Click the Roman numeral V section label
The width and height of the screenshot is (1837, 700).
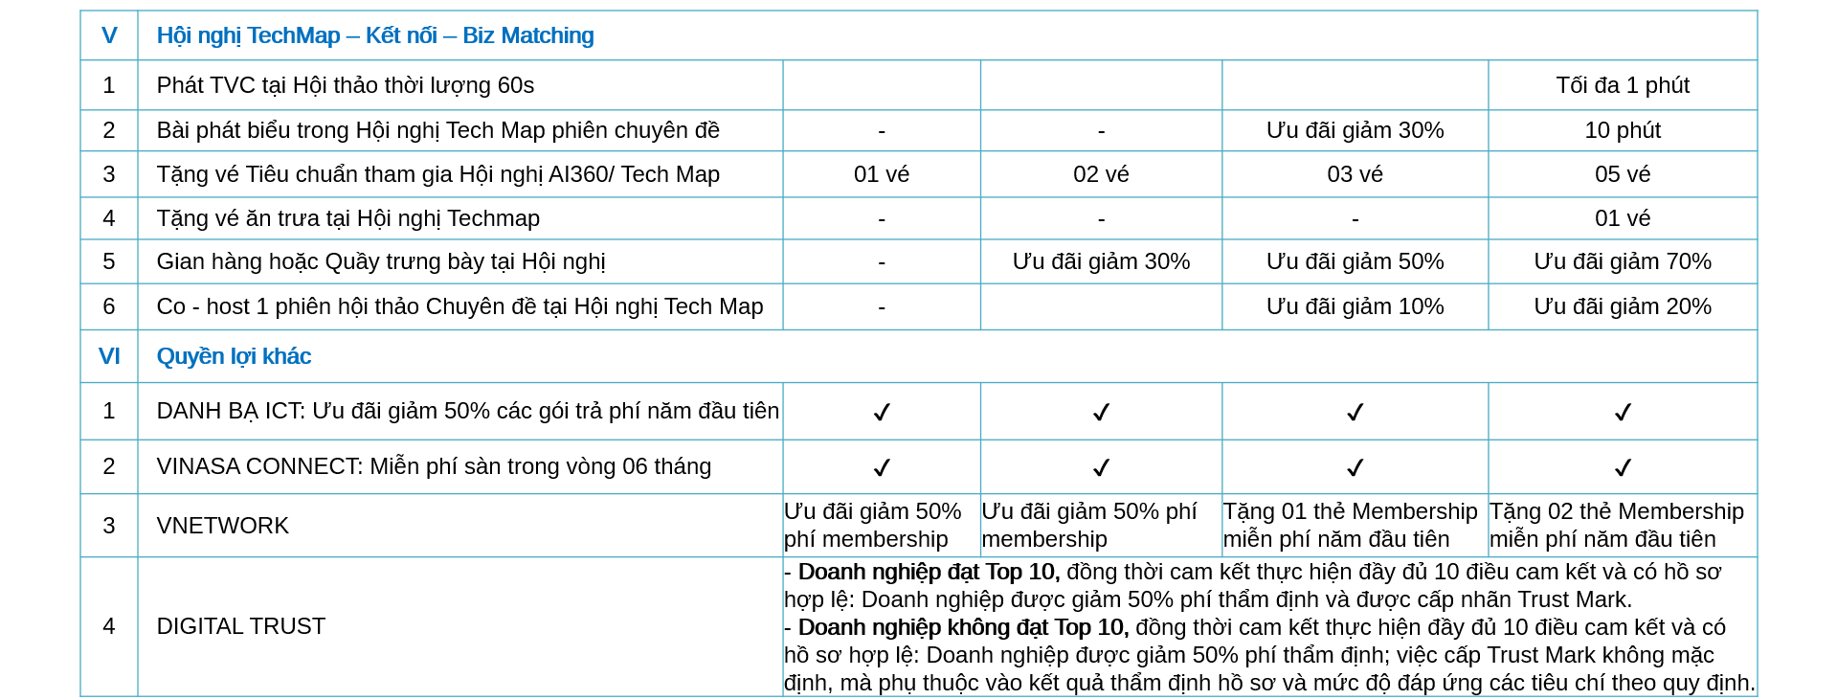[x=109, y=35]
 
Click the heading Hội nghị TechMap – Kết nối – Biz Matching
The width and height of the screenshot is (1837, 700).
[x=374, y=35]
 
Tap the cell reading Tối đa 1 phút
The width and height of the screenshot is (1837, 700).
[x=1622, y=85]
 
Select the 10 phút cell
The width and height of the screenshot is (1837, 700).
[x=1622, y=130]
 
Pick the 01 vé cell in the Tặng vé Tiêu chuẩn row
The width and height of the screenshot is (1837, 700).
[x=881, y=174]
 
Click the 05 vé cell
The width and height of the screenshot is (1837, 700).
[x=1622, y=174]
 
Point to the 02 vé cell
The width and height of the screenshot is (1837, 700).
[x=1101, y=174]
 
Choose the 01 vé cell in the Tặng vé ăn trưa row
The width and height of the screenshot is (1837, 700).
[x=1622, y=218]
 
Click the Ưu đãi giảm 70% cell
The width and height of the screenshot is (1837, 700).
[x=1622, y=261]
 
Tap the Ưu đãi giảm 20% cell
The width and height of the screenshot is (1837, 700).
[x=1622, y=306]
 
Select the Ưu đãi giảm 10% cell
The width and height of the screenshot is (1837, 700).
[x=1355, y=306]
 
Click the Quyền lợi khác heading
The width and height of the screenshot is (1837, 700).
[x=234, y=356]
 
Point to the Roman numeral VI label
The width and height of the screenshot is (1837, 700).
[x=109, y=356]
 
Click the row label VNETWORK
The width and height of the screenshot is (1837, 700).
[x=222, y=526]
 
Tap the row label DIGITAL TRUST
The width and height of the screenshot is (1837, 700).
[x=240, y=626]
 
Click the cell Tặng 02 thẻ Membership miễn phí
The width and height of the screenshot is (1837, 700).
[x=1617, y=525]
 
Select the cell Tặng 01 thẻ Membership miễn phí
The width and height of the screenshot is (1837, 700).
[x=1350, y=525]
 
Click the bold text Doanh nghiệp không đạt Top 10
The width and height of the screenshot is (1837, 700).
[x=962, y=627]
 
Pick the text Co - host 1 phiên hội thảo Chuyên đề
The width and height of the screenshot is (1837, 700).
[x=459, y=306]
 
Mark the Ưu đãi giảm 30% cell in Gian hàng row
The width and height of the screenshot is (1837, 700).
[x=1101, y=261]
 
